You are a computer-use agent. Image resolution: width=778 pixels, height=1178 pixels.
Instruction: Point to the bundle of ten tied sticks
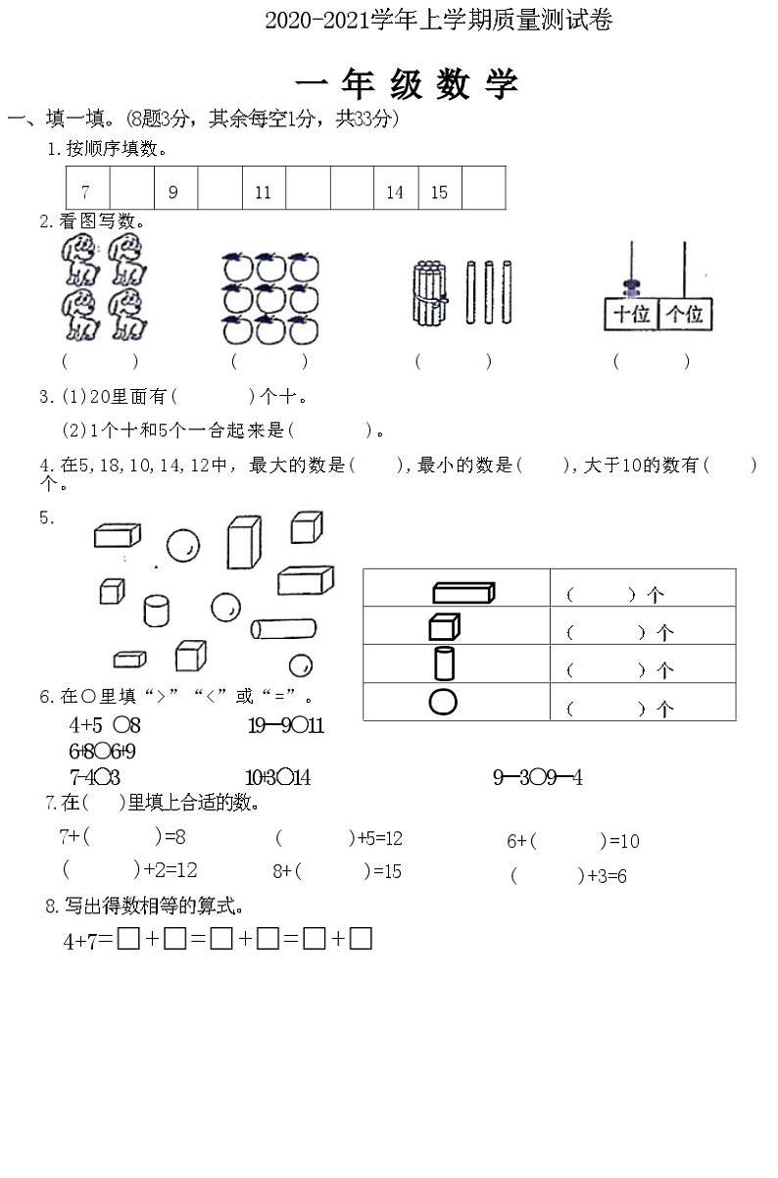tap(428, 292)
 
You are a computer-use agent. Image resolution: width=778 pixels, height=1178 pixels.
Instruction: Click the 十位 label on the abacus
tap(631, 315)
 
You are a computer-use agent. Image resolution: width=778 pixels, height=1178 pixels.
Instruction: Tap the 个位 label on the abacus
tap(684, 315)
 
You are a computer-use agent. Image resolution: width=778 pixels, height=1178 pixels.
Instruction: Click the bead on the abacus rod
tap(631, 287)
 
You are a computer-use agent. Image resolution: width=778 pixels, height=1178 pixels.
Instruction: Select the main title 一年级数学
tap(406, 85)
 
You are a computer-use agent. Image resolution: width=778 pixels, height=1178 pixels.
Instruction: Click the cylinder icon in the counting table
tap(444, 663)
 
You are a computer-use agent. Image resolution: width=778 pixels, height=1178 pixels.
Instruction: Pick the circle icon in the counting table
tap(443, 702)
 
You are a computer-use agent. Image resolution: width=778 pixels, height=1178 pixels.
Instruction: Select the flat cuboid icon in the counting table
tap(462, 592)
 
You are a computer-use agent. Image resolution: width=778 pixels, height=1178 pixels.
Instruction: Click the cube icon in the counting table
tap(444, 626)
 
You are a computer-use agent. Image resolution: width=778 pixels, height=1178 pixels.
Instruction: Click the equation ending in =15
tap(337, 871)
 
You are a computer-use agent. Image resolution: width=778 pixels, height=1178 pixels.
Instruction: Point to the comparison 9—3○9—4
tap(538, 778)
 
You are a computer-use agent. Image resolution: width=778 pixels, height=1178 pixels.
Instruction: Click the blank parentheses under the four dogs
tap(100, 362)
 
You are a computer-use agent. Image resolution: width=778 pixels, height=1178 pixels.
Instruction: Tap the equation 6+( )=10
tap(572, 841)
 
